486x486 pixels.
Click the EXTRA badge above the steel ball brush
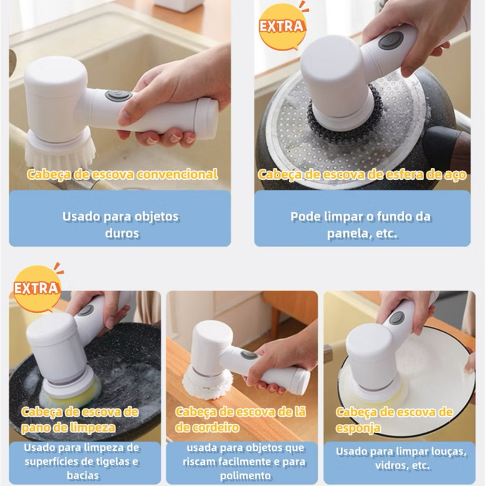[282, 27]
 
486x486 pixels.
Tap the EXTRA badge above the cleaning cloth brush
[36, 288]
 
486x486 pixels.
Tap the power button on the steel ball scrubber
[391, 41]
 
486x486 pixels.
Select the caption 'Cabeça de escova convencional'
[122, 174]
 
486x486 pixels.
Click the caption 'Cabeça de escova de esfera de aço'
[362, 174]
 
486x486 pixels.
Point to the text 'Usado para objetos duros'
[120, 224]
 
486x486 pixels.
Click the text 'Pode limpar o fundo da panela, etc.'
[362, 224]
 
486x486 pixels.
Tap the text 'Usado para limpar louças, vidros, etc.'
[401, 459]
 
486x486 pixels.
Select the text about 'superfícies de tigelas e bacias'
[82, 461]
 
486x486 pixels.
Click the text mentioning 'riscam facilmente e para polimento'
[243, 461]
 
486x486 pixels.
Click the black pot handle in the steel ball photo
[447, 146]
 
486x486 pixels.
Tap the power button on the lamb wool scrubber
[248, 355]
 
